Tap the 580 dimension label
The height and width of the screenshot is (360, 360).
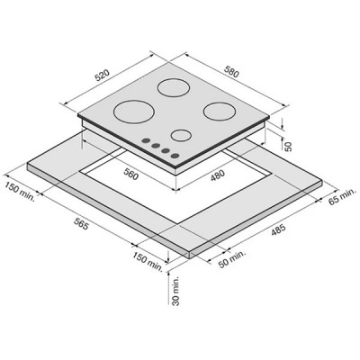pos(231,71)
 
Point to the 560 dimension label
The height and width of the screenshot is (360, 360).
pos(131,175)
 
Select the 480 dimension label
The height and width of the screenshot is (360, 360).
pos(217,175)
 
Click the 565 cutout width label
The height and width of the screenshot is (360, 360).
pos(80,223)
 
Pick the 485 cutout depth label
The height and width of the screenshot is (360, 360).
pos(277,230)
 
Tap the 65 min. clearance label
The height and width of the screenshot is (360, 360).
pos(342,197)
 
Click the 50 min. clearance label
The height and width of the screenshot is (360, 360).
pos(231,259)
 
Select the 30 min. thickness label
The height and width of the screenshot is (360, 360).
pos(175,291)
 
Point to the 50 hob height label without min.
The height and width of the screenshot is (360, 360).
pos(287,146)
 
